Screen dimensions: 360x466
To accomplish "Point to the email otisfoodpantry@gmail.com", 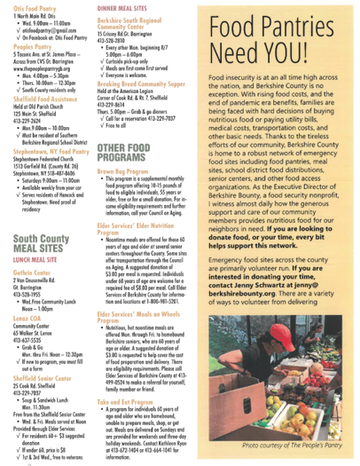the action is pyautogui.click(x=50, y=28).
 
